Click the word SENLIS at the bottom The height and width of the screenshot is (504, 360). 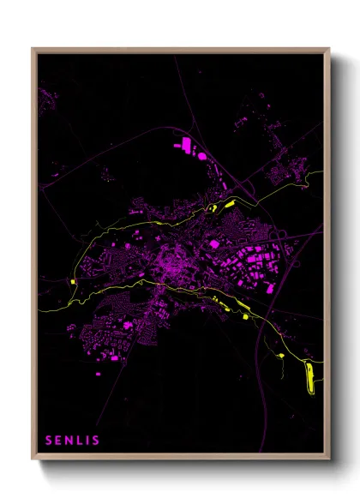[73, 441]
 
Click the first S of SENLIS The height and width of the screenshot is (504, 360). [50, 441]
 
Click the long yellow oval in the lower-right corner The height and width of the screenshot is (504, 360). [310, 377]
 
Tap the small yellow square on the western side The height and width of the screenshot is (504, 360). [75, 280]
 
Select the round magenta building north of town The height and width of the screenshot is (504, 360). [202, 156]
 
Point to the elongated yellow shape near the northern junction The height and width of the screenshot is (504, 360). [229, 204]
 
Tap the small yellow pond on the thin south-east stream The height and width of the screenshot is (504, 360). [281, 352]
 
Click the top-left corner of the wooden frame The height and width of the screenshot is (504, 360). [33, 49]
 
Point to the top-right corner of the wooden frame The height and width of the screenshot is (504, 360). [329, 49]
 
